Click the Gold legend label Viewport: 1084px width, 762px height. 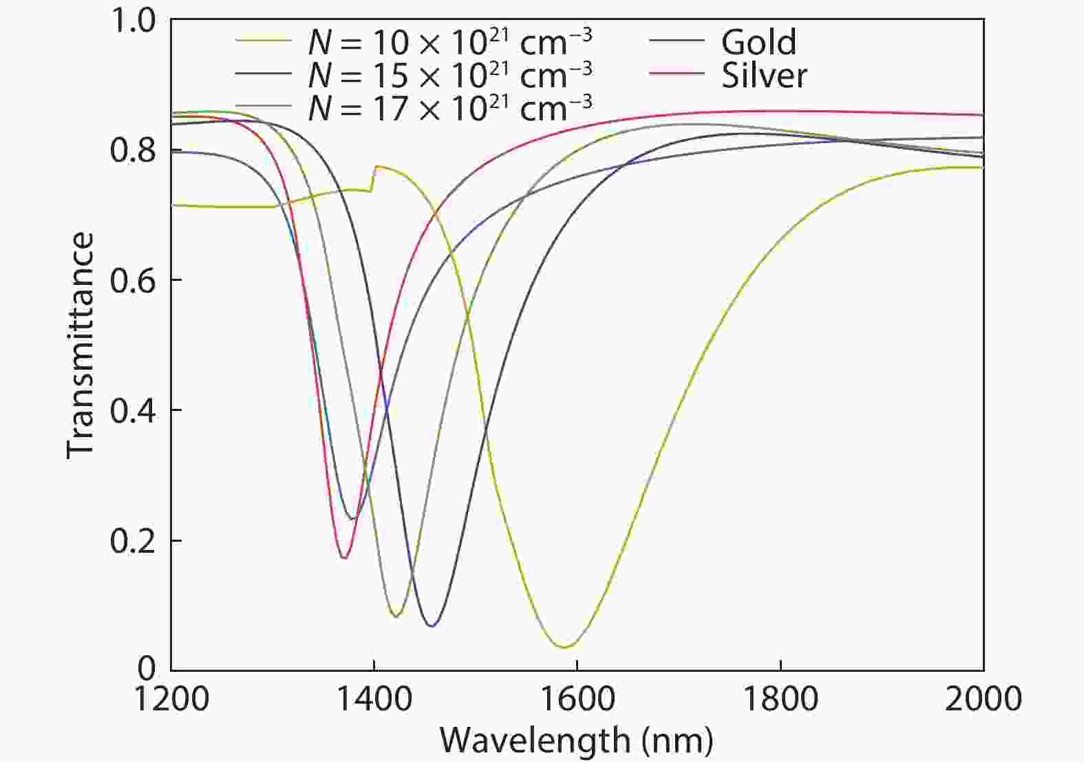(x=758, y=43)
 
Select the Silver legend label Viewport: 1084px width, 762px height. (x=764, y=76)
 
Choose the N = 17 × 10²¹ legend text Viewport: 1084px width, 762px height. (x=449, y=106)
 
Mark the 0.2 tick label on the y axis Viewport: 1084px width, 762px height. (x=132, y=541)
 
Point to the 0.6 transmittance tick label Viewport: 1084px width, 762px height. (x=132, y=280)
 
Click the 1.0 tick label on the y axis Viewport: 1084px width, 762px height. (x=132, y=21)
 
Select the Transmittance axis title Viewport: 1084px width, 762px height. (x=81, y=344)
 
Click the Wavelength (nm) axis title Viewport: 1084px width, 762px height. (x=577, y=741)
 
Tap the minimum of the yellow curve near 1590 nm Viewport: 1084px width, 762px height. (x=564, y=647)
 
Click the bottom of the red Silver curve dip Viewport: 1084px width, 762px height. (x=344, y=558)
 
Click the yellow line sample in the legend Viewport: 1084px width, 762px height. (x=264, y=39)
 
